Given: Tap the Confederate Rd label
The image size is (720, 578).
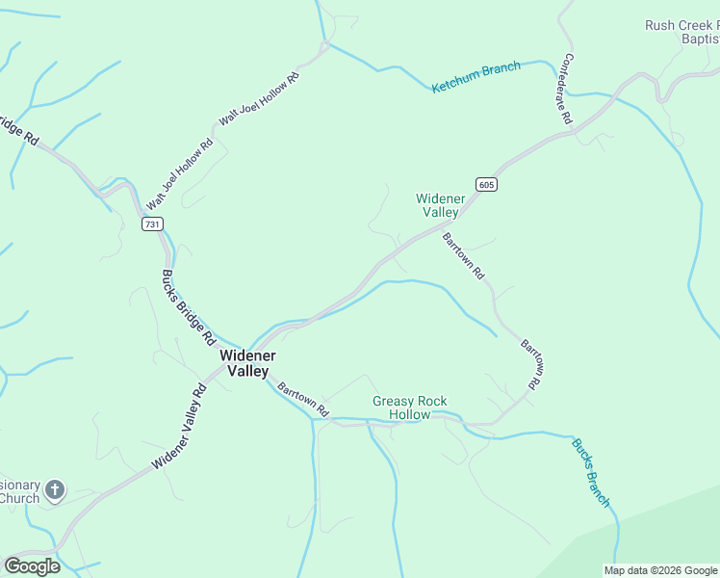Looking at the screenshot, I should (x=564, y=88).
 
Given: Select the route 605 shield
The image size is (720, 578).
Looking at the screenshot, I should (x=486, y=184).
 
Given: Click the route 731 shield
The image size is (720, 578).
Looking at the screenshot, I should (x=152, y=223).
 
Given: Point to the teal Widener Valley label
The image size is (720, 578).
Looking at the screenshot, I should (x=441, y=205).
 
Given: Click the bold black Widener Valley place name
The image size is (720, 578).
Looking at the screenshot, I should (x=248, y=363).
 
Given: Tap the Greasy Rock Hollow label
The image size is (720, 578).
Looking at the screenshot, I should (x=410, y=407).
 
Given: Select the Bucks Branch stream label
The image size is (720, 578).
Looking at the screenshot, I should (x=591, y=472).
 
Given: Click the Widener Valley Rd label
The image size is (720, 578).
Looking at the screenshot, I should (x=180, y=428).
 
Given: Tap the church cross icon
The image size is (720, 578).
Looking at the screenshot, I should (x=55, y=490).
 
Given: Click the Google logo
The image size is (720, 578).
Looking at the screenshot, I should (x=32, y=566).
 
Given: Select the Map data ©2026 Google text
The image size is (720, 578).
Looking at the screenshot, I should (x=660, y=570).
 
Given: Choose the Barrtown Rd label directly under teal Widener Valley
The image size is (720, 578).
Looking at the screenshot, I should (x=464, y=255).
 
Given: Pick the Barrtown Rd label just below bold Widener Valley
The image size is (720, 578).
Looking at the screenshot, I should (x=303, y=401).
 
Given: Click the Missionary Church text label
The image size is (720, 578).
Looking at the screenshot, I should (x=19, y=491).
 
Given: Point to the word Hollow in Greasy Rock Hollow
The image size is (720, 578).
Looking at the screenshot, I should (x=410, y=415).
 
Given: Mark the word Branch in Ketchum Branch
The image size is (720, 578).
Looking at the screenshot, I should (x=500, y=71).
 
